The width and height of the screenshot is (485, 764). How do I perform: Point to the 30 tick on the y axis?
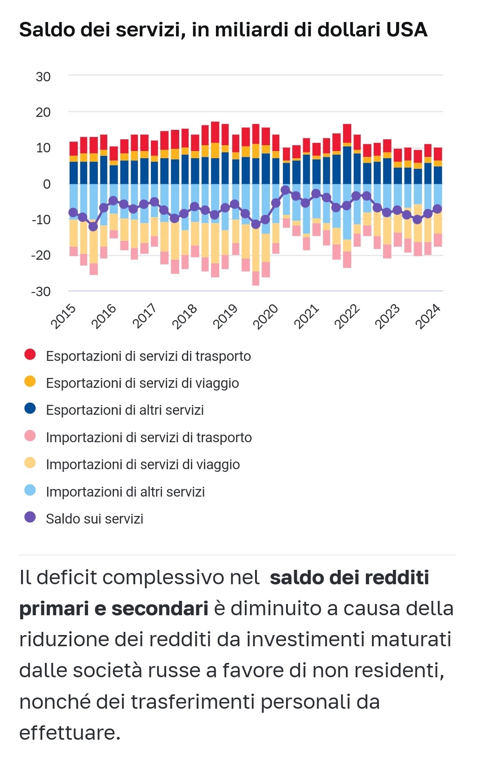tap(43, 77)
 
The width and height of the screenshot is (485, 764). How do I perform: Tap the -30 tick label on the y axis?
tap(41, 292)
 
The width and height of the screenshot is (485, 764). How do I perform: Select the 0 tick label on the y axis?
tap(47, 184)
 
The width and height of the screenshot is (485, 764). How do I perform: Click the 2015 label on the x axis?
tap(63, 316)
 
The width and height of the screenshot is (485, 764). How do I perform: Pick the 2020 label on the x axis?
tap(266, 316)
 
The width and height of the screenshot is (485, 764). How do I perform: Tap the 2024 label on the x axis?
tap(428, 316)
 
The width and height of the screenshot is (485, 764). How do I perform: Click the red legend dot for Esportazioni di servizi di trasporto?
tap(30, 355)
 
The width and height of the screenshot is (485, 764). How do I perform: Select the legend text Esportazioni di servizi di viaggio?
tap(142, 383)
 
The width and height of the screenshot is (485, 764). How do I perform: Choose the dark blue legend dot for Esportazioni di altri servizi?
tap(30, 409)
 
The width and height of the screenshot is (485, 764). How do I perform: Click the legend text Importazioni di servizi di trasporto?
tap(149, 438)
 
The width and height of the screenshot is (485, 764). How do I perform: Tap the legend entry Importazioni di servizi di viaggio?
tap(143, 465)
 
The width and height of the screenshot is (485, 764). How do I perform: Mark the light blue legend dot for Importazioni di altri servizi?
tap(30, 490)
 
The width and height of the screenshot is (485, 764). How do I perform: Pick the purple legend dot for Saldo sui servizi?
tap(30, 517)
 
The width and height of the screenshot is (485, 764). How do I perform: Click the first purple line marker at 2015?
tap(73, 213)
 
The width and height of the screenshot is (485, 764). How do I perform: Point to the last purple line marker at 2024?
tap(437, 209)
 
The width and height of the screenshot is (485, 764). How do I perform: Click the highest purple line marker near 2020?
tap(285, 190)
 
